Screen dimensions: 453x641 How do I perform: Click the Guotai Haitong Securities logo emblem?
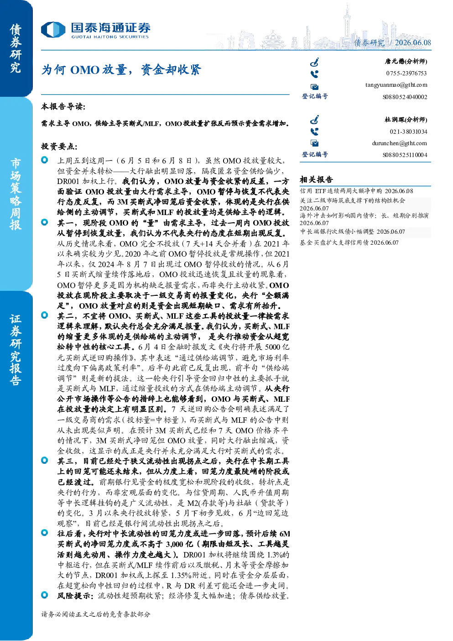(x=53, y=30)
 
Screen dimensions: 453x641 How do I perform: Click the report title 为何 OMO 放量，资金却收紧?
(x=121, y=70)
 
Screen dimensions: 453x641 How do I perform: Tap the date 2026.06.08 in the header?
(x=413, y=42)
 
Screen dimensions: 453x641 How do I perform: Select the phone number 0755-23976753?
(x=406, y=73)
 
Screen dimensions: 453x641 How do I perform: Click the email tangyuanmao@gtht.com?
(x=396, y=85)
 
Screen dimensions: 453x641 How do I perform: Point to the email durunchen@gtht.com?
(x=400, y=143)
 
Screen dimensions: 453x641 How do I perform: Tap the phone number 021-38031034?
(x=408, y=131)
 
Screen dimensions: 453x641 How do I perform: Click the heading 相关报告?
(x=316, y=180)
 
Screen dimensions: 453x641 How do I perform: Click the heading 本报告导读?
(x=63, y=107)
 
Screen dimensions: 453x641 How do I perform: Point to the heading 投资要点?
(x=59, y=147)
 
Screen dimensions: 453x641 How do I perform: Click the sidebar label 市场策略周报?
(x=16, y=194)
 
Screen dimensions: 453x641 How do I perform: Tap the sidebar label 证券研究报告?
(x=16, y=350)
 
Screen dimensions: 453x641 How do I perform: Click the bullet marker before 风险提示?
(x=45, y=595)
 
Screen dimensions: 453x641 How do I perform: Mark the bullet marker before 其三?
(x=45, y=460)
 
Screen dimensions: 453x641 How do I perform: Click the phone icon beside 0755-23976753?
(x=314, y=74)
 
